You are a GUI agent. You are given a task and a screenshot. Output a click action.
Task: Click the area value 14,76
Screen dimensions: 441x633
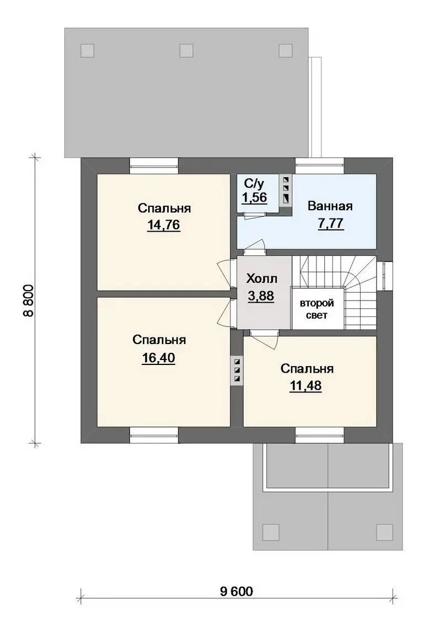coord(164,225)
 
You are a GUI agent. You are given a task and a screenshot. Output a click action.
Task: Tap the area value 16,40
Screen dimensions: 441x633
coord(158,358)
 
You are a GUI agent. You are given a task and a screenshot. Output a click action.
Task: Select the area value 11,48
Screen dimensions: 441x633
coord(305,386)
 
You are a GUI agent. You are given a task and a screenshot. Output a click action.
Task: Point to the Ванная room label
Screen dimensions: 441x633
coord(330,206)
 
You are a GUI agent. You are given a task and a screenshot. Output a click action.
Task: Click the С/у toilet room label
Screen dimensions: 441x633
coord(254,184)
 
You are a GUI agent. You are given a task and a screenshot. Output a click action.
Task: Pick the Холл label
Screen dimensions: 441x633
coord(262,279)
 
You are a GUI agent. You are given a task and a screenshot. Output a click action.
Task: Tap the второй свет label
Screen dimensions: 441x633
coord(316,309)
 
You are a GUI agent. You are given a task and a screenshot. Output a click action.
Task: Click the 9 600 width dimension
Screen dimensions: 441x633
coord(236,592)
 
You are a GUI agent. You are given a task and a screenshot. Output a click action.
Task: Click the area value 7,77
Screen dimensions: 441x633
coord(331,223)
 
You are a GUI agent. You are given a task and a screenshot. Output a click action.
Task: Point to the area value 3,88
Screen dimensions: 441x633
coord(261,296)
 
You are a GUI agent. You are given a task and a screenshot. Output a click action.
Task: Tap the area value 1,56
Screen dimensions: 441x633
coord(254,198)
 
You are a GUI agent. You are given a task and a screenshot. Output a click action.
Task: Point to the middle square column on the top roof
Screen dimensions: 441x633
coord(186,51)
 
